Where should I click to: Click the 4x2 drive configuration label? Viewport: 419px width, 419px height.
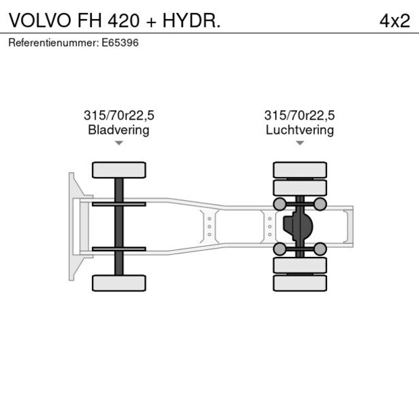pos(395,20)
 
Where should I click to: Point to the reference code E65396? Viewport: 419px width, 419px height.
pos(121,43)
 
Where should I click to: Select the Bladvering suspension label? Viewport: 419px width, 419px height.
pos(118,130)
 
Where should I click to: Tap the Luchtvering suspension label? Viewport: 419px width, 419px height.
pos(299,130)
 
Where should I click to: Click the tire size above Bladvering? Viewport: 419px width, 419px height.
pos(118,116)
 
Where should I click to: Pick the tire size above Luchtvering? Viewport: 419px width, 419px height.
pos(299,116)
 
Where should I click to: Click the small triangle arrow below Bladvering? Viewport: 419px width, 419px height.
pos(119,143)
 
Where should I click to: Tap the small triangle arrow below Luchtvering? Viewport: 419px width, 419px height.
pos(299,143)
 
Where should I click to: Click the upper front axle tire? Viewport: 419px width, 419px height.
pos(119,170)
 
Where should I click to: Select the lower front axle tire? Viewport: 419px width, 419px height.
pos(119,282)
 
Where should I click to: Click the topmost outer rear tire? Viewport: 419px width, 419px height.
pos(299,170)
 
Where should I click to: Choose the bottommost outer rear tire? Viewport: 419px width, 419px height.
pos(299,282)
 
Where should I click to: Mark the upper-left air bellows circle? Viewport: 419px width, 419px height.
pos(278,204)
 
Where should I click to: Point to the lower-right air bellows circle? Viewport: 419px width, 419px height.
pos(320,249)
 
